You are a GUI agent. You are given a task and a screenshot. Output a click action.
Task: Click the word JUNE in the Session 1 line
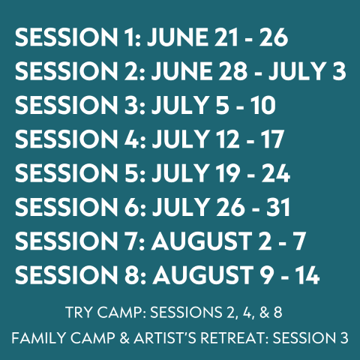178,37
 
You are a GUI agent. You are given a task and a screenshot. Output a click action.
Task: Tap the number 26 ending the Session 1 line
273,37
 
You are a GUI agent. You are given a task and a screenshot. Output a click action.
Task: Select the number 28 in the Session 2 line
232,71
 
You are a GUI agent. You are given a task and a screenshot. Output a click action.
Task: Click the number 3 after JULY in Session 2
339,71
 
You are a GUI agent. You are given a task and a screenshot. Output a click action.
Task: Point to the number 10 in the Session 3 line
263,105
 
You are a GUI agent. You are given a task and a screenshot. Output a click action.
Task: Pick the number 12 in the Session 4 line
227,139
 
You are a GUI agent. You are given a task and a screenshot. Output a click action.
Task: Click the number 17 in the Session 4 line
272,139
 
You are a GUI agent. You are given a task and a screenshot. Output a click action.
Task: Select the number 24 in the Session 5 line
276,172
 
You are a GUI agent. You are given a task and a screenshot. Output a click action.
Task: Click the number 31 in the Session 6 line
278,207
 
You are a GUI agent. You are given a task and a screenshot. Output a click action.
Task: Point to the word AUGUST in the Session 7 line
202,241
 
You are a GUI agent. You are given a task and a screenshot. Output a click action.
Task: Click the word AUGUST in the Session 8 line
203,274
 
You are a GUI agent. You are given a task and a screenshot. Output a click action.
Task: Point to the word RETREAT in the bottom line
233,338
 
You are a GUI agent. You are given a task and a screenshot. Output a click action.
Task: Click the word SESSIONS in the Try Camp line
186,312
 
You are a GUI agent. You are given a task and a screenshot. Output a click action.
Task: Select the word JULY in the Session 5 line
181,172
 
